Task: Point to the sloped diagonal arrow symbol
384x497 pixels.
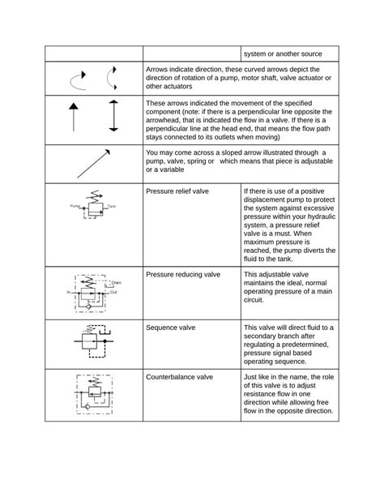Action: tap(94, 164)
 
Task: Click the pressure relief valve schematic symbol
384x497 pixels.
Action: tap(92, 210)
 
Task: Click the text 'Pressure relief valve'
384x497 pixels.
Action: tap(177, 191)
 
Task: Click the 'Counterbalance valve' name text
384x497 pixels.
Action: tap(180, 377)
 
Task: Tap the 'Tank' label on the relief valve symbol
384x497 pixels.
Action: tap(113, 208)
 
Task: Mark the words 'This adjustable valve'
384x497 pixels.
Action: tap(277, 275)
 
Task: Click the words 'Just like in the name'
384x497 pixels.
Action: tap(281, 377)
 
